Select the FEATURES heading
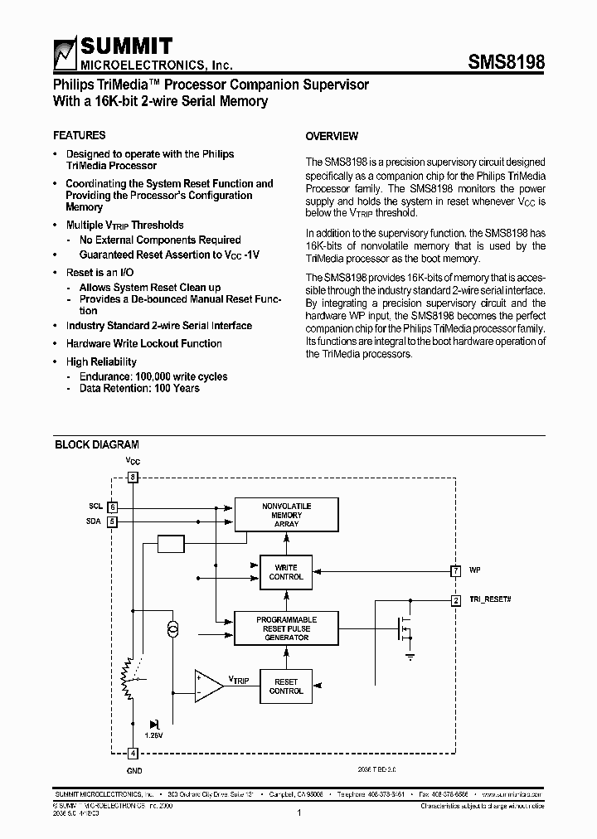(79, 135)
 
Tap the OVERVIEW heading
(332, 136)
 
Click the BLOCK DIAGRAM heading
(97, 445)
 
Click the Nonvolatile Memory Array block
(286, 515)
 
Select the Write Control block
(286, 572)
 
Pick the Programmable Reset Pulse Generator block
(286, 628)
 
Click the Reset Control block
(286, 686)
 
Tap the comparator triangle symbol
(207, 686)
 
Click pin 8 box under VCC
(133, 477)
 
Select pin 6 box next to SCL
(113, 507)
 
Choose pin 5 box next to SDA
(113, 521)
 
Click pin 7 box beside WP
(455, 571)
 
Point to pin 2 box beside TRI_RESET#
(455, 600)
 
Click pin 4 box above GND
(133, 754)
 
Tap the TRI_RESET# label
(490, 599)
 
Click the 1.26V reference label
(153, 735)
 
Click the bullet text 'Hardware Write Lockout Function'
(143, 343)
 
